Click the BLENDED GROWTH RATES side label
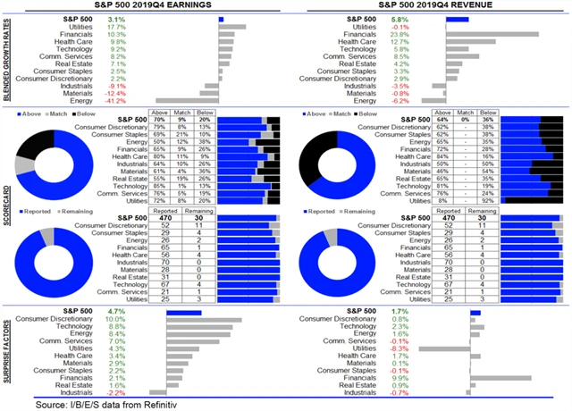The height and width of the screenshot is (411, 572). click(x=7, y=61)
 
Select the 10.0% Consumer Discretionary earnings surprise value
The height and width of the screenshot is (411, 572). click(x=115, y=319)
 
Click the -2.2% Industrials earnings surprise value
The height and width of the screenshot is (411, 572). click(x=117, y=392)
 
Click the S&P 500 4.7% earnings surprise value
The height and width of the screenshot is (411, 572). click(x=117, y=311)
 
